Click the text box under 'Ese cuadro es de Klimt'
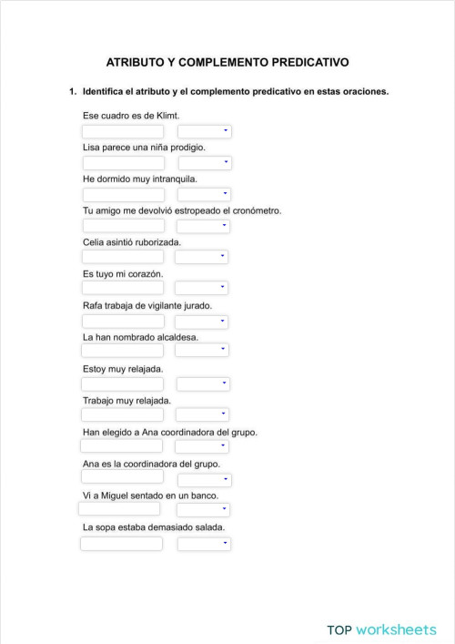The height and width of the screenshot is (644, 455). tap(123, 131)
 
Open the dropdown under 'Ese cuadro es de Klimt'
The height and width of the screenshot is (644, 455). tap(204, 131)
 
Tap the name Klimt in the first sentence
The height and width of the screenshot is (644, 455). tap(167, 116)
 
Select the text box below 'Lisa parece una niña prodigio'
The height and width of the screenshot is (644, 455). tap(124, 163)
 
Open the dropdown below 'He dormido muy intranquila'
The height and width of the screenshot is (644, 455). tap(204, 194)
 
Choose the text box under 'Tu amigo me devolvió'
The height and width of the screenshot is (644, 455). tap(124, 226)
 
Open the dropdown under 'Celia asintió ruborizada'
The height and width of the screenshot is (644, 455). tap(201, 257)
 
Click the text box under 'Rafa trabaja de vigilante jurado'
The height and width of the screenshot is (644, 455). tap(124, 322)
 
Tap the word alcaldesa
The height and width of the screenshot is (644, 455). tap(174, 337)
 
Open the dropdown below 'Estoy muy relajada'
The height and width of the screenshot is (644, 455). tap(202, 383)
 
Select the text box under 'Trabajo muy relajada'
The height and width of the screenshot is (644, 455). tap(123, 414)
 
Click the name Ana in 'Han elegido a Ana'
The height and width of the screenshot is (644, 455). tap(152, 432)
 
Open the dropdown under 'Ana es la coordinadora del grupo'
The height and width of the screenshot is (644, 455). tap(205, 479)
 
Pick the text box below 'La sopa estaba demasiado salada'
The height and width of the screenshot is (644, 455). tap(122, 544)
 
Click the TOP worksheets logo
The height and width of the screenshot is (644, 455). tap(381, 629)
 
